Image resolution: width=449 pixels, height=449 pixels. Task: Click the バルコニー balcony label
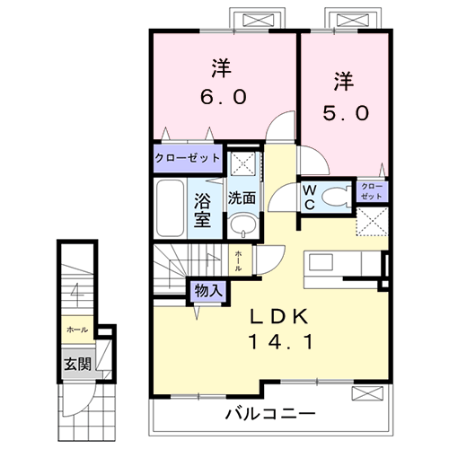(x=269, y=416)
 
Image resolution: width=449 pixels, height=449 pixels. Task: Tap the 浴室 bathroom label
(x=203, y=206)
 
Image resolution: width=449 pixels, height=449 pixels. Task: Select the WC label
(x=308, y=198)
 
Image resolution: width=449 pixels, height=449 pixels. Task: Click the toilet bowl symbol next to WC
(x=337, y=198)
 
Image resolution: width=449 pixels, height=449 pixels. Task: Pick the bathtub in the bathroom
(x=169, y=207)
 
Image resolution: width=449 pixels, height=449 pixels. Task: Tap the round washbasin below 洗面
(x=240, y=224)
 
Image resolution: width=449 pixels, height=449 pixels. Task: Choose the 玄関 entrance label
(x=76, y=365)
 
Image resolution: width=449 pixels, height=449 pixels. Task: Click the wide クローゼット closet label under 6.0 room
(x=188, y=158)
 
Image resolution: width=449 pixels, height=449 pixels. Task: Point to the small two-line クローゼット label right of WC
(x=371, y=190)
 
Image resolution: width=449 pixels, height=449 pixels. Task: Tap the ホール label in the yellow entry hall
(x=77, y=330)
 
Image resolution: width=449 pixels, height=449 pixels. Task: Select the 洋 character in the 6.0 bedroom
(x=219, y=66)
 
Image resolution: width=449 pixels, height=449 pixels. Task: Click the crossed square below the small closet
(x=372, y=221)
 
